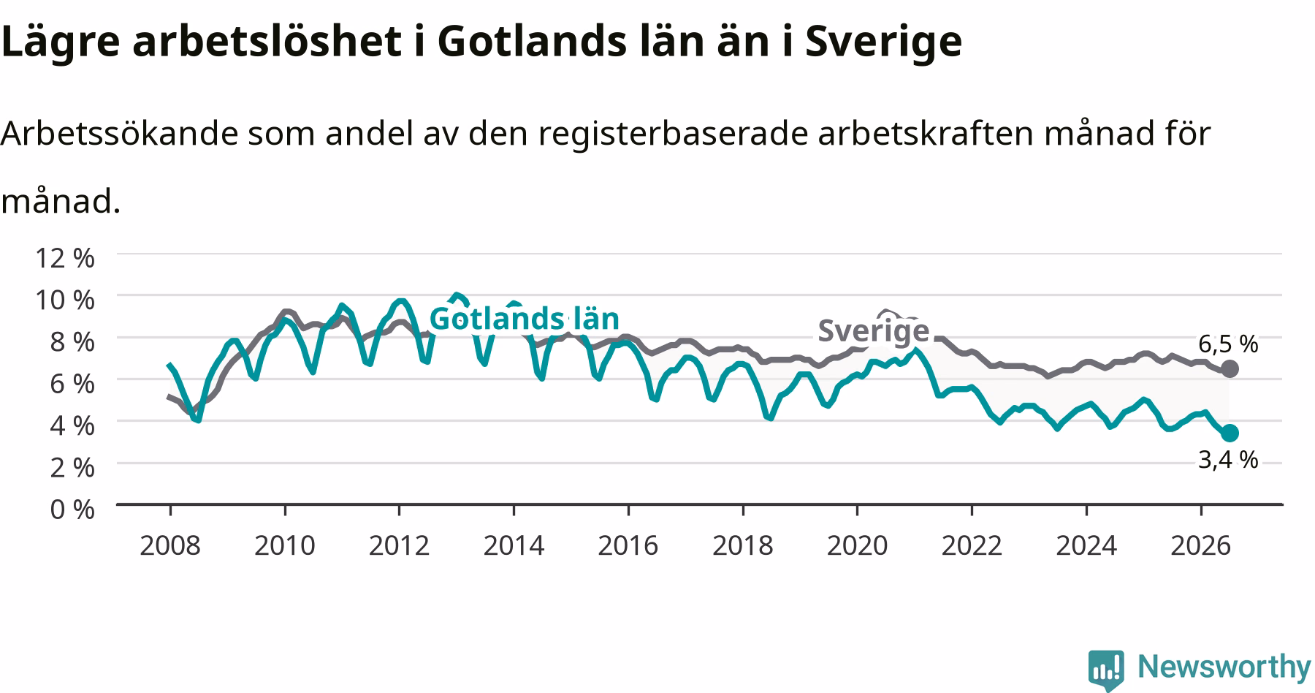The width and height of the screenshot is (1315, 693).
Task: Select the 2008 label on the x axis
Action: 170,545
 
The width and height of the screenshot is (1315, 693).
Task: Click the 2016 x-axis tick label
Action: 628,545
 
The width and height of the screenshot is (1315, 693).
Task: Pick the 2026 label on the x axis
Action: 1201,545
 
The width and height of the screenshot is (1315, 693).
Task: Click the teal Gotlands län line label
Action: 524,319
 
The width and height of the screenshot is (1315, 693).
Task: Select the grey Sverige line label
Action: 873,330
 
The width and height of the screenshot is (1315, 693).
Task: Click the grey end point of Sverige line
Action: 1230,368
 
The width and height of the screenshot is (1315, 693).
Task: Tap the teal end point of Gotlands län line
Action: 1230,433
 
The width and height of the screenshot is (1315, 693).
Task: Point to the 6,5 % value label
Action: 1228,344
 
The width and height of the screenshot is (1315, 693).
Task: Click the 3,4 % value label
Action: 1228,459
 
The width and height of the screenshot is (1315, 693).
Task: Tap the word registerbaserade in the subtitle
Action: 674,133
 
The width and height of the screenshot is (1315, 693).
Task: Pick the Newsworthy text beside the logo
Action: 1224,667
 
